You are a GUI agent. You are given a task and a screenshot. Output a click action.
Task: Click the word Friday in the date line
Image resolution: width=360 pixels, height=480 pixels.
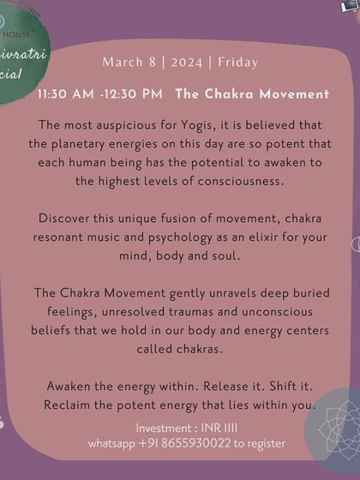pos(237,63)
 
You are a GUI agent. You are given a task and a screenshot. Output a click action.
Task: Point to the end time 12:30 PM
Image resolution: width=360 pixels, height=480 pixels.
pos(135,93)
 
